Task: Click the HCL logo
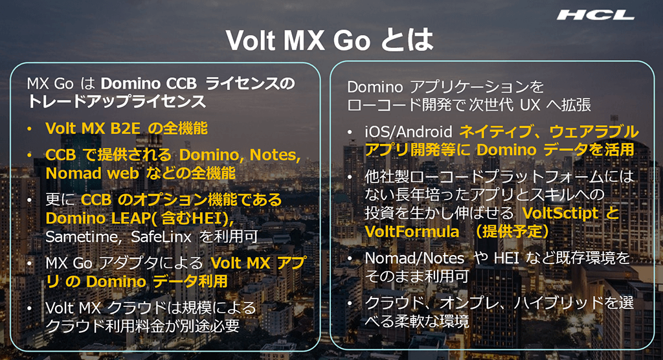[596, 16]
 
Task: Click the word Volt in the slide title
[251, 40]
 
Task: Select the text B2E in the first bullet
[125, 128]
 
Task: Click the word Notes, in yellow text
[275, 155]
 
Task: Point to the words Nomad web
[92, 173]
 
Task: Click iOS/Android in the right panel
[409, 132]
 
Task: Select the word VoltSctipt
[561, 213]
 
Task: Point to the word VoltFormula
[412, 231]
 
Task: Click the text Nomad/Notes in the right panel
[414, 258]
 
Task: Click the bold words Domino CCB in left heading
[149, 84]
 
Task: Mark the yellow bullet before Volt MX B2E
[29, 129]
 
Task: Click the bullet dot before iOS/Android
[350, 132]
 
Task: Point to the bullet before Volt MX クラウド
[29, 308]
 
